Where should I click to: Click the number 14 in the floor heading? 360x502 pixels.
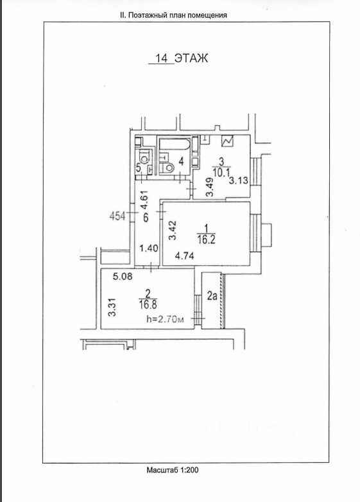point(161,58)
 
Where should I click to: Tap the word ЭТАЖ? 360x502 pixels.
point(191,58)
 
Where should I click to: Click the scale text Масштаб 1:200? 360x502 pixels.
point(173,470)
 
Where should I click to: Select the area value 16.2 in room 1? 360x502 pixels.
point(207,240)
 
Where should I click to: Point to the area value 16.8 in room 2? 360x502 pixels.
point(148,304)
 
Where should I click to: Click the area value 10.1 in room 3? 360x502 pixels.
point(221,173)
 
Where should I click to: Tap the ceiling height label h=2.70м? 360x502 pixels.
point(165,319)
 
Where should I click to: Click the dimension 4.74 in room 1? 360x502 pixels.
point(184,255)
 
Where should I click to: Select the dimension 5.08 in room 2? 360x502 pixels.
point(123,276)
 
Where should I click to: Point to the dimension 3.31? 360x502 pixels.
point(112,307)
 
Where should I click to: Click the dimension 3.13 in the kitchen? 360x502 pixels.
point(239,180)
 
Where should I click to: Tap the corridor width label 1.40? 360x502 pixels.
point(149,248)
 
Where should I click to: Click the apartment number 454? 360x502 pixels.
point(117,216)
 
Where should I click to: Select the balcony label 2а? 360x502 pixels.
point(212,296)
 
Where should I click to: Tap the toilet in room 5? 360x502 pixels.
point(145,157)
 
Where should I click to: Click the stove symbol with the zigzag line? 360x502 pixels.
point(228,141)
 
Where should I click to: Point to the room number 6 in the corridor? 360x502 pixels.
point(146,218)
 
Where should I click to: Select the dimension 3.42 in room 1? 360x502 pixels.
point(173,230)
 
